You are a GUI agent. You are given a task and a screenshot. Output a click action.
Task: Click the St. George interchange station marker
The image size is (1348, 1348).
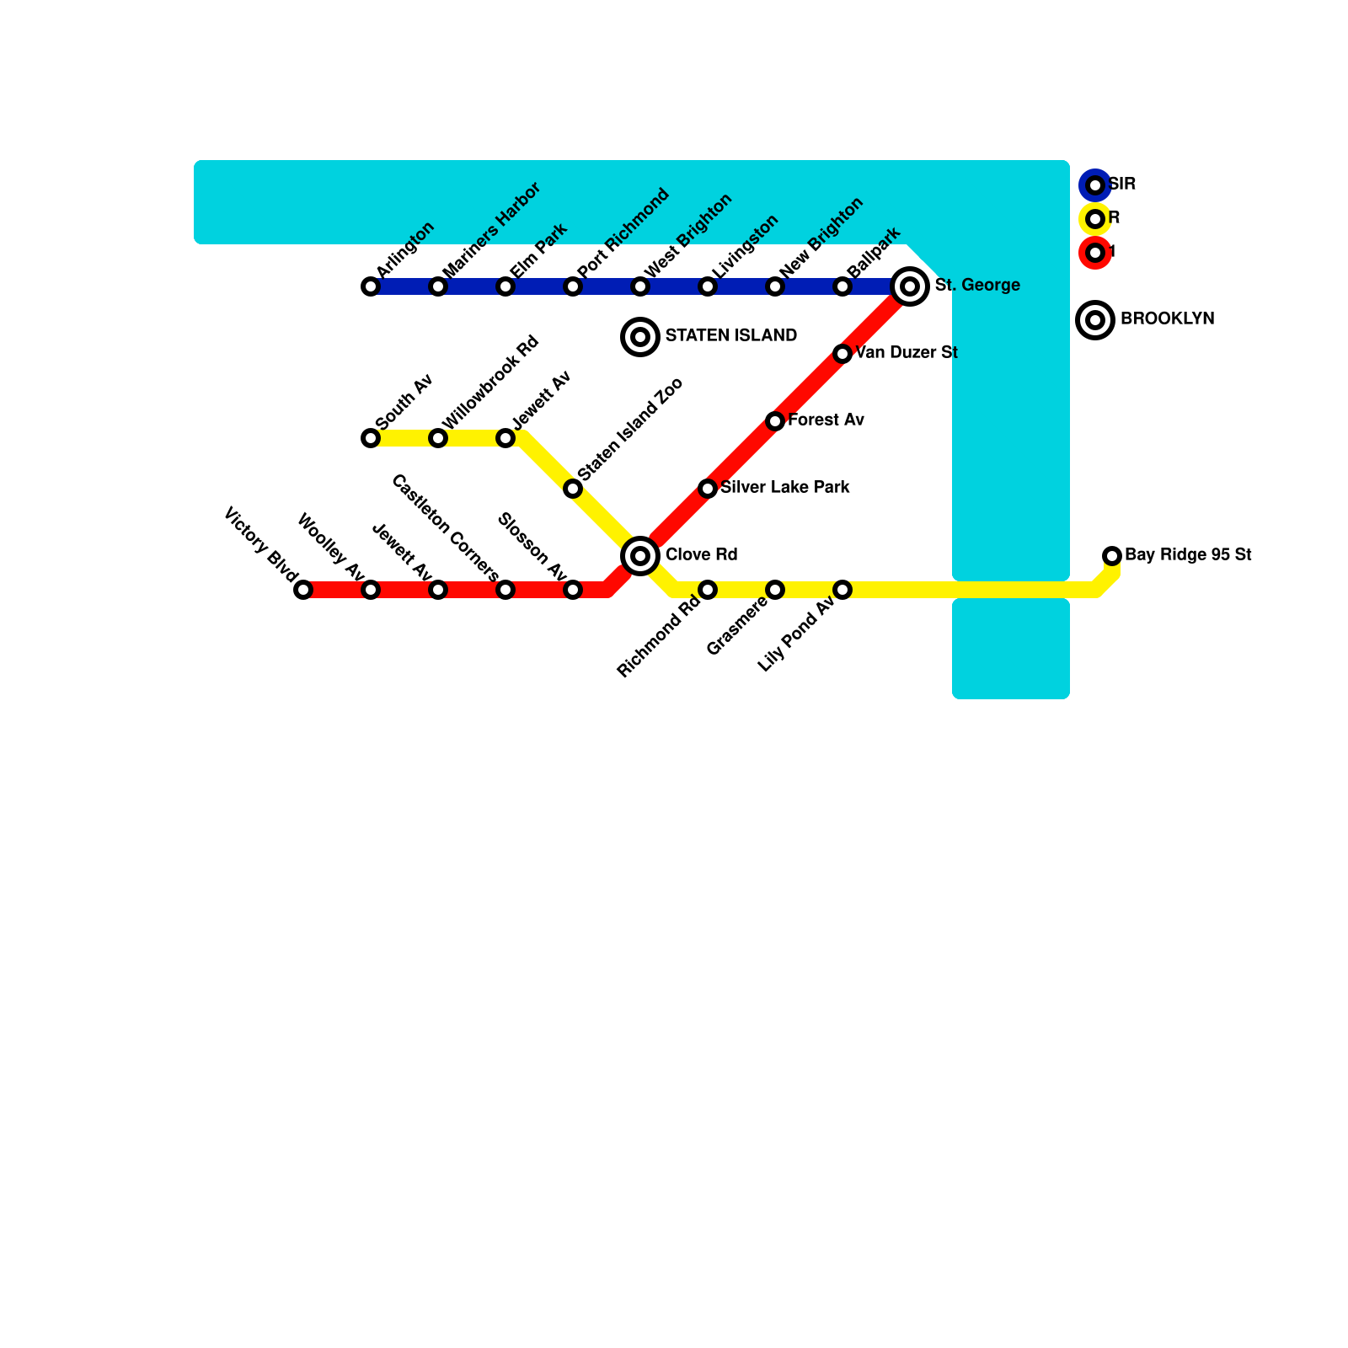coord(910,286)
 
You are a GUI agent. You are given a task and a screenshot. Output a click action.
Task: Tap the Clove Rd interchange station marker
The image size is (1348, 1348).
coord(640,556)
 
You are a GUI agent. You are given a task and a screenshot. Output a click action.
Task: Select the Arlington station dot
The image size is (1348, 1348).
coord(371,286)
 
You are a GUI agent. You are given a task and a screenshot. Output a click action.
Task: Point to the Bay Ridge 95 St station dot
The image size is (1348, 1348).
coord(1112,556)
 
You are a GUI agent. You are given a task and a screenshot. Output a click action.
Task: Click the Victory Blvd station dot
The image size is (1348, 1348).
coord(303,590)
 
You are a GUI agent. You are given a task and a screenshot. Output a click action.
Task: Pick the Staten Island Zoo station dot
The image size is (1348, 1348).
coord(573,489)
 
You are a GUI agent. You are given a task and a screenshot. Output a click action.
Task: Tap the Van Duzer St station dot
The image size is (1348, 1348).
coord(842,354)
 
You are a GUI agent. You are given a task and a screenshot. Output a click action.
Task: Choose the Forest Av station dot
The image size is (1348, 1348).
coord(775,421)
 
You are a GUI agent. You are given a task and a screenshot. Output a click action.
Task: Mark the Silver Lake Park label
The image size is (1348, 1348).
coord(785,488)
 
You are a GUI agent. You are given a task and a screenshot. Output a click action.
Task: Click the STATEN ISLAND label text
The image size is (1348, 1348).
coord(731,336)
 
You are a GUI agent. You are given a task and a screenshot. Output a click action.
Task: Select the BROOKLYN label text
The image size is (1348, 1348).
coord(1168,319)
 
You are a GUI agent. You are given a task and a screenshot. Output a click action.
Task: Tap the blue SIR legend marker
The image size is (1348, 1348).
coord(1095,185)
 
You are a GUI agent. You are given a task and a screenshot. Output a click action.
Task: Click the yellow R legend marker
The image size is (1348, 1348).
coord(1095,219)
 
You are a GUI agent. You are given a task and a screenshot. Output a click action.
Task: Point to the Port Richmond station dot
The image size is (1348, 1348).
coord(573,286)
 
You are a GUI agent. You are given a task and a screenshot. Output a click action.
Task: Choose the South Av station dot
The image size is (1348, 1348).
coord(371,438)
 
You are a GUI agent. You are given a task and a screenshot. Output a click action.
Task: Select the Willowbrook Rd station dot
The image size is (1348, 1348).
coord(438,438)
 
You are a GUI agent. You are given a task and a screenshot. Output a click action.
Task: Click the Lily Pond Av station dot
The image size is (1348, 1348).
coord(842,590)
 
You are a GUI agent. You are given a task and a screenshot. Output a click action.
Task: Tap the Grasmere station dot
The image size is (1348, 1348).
coord(775,590)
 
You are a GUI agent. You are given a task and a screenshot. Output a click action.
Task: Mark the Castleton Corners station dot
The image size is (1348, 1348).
coord(505,590)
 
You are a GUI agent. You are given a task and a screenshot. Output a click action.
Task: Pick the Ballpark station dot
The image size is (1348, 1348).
coord(842,286)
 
